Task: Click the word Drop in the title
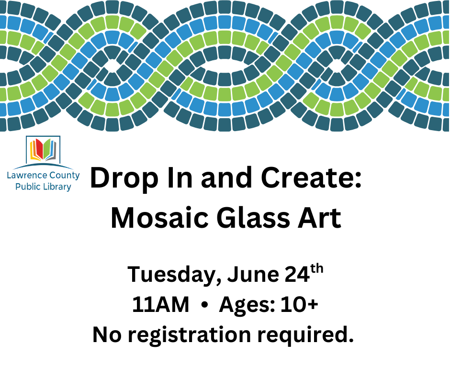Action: click(124, 179)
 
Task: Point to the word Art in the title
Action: click(319, 218)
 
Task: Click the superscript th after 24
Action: click(317, 269)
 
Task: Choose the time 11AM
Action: click(161, 305)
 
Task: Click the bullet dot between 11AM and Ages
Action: click(204, 306)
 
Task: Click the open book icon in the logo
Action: click(43, 149)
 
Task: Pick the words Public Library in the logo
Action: click(43, 187)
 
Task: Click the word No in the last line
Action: click(107, 335)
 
